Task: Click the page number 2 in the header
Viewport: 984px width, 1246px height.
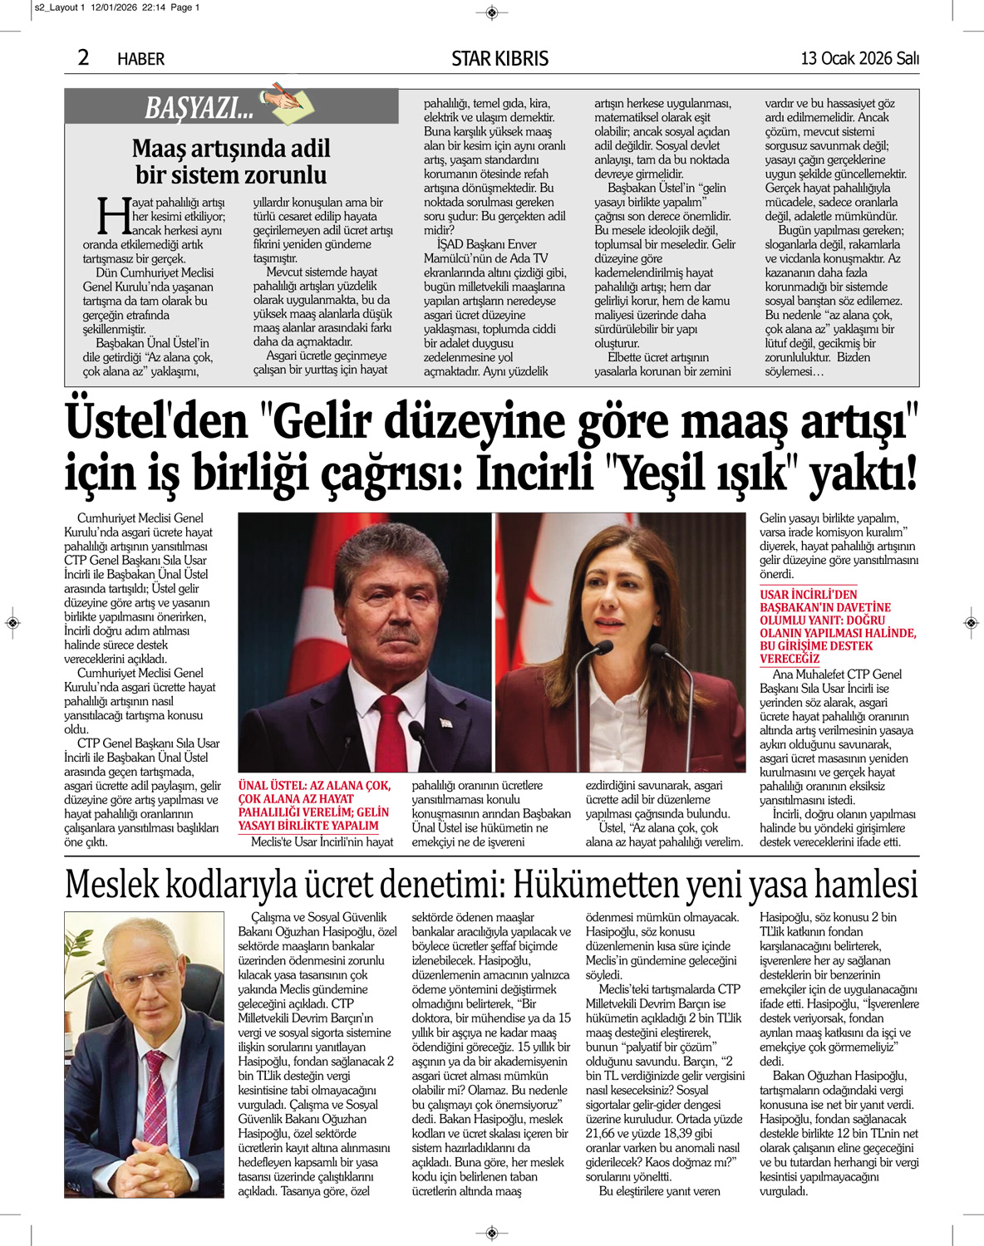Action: click(83, 57)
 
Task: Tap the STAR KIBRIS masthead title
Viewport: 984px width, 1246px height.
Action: click(499, 59)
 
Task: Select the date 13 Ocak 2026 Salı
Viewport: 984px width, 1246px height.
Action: click(859, 58)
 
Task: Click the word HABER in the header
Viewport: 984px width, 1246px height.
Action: click(140, 59)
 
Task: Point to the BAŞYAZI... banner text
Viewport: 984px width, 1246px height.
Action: click(199, 108)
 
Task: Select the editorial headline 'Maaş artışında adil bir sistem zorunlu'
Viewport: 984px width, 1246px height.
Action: click(231, 162)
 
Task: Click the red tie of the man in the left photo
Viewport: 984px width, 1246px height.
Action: click(389, 731)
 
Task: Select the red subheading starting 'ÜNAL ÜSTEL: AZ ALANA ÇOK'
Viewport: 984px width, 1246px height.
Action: click(314, 805)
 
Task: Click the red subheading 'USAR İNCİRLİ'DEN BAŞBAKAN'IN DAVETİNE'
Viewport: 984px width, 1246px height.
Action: click(837, 626)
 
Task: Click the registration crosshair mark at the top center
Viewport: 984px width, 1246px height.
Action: click(491, 12)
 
